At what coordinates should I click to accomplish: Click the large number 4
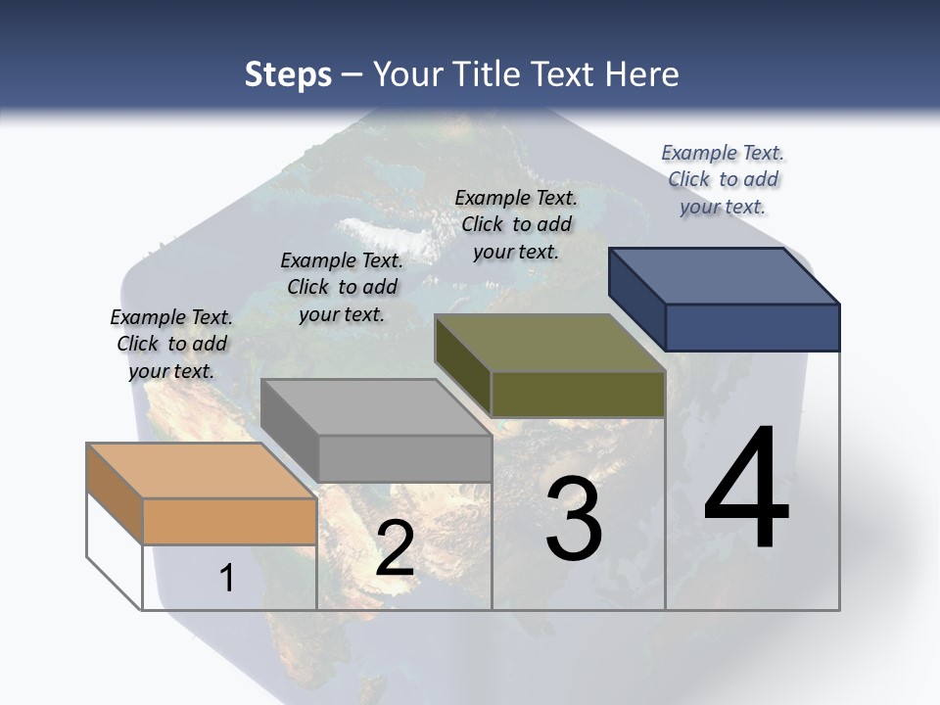(747, 489)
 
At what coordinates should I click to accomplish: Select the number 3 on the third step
(574, 518)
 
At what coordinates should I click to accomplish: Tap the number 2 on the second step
(395, 549)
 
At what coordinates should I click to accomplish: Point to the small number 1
(227, 579)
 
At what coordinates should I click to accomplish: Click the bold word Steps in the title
(288, 74)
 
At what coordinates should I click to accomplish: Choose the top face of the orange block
(202, 471)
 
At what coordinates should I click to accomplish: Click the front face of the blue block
(752, 327)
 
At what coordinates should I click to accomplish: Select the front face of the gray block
(404, 458)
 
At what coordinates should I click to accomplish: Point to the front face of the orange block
(229, 521)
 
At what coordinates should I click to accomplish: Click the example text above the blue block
(723, 179)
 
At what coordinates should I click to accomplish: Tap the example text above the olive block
(516, 224)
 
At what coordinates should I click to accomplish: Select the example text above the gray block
(342, 287)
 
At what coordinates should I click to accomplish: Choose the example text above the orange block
(171, 344)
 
